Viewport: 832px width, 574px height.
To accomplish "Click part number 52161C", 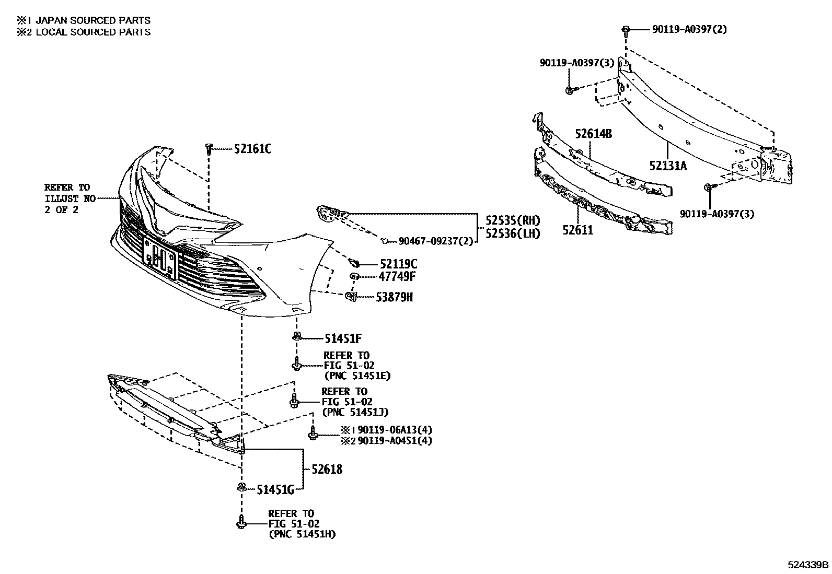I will click(252, 149).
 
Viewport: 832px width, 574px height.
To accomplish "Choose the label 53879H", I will click(395, 297).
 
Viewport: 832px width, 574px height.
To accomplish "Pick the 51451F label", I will click(343, 338).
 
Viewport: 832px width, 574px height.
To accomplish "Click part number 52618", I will click(327, 469).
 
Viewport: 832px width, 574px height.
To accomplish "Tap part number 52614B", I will click(593, 134).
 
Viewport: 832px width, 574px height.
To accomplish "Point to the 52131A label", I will click(668, 166).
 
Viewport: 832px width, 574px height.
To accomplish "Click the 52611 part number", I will click(578, 230).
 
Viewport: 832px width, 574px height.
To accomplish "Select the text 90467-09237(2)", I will click(436, 241).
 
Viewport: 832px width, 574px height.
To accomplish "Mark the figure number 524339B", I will click(808, 565).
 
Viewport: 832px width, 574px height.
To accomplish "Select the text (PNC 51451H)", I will click(302, 534).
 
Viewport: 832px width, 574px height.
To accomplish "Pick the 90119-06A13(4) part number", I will click(395, 430).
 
